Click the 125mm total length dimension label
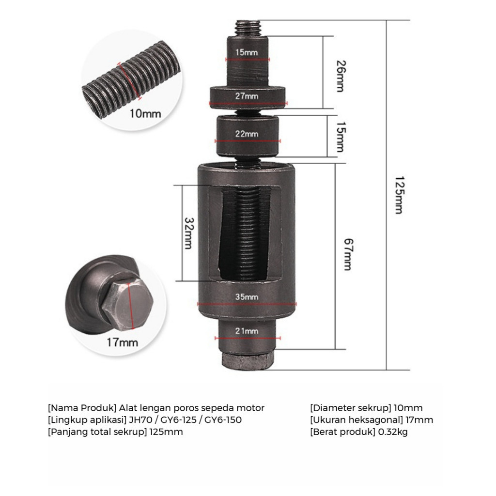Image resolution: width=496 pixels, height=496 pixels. click(x=398, y=194)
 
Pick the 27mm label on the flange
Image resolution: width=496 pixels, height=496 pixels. click(x=248, y=96)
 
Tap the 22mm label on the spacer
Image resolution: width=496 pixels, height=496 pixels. click(x=248, y=134)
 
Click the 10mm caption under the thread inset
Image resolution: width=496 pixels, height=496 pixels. click(x=145, y=114)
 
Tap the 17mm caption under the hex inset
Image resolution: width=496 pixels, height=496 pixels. click(x=122, y=342)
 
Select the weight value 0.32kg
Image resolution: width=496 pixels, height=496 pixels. click(x=392, y=432)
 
